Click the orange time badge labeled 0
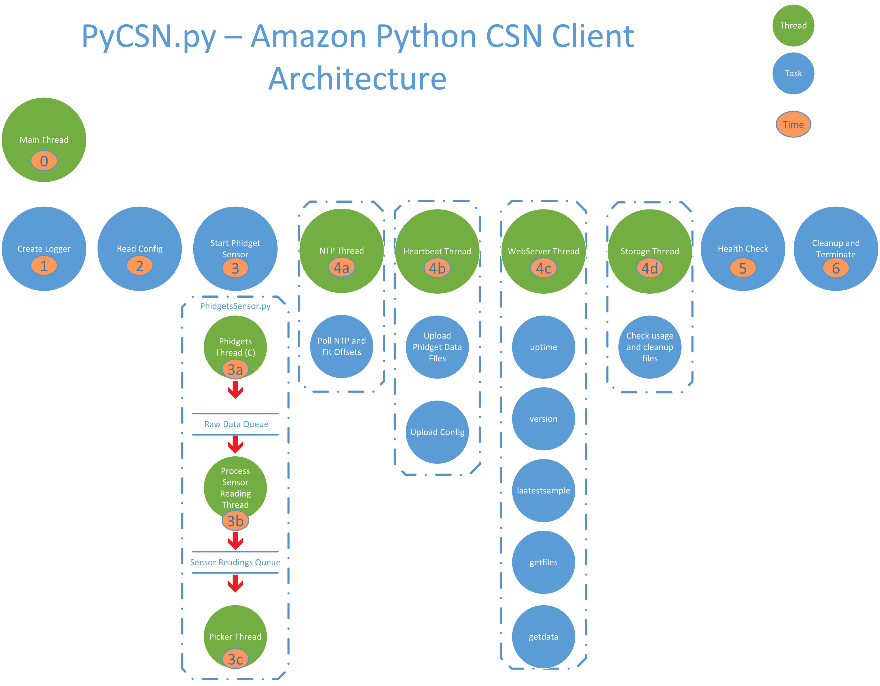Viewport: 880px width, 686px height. (44, 161)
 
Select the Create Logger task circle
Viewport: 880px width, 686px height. (44, 249)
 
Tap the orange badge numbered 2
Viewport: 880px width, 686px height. (139, 266)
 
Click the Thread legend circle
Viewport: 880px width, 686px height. (793, 26)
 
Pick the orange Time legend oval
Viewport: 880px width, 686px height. (793, 124)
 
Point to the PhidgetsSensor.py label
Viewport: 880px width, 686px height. (235, 306)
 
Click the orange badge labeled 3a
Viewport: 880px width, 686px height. (235, 369)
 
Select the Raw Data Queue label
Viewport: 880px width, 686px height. (236, 424)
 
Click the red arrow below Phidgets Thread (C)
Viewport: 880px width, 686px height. (235, 389)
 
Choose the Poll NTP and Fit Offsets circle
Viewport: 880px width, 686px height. (342, 346)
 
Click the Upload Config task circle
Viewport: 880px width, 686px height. (437, 432)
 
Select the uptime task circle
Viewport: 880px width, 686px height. (543, 347)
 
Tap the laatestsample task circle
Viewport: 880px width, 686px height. (543, 490)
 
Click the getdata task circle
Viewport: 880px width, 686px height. (543, 636)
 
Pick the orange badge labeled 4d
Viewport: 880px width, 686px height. (650, 268)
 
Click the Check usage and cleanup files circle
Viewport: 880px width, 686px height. (650, 347)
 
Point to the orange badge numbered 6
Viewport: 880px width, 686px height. (836, 268)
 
